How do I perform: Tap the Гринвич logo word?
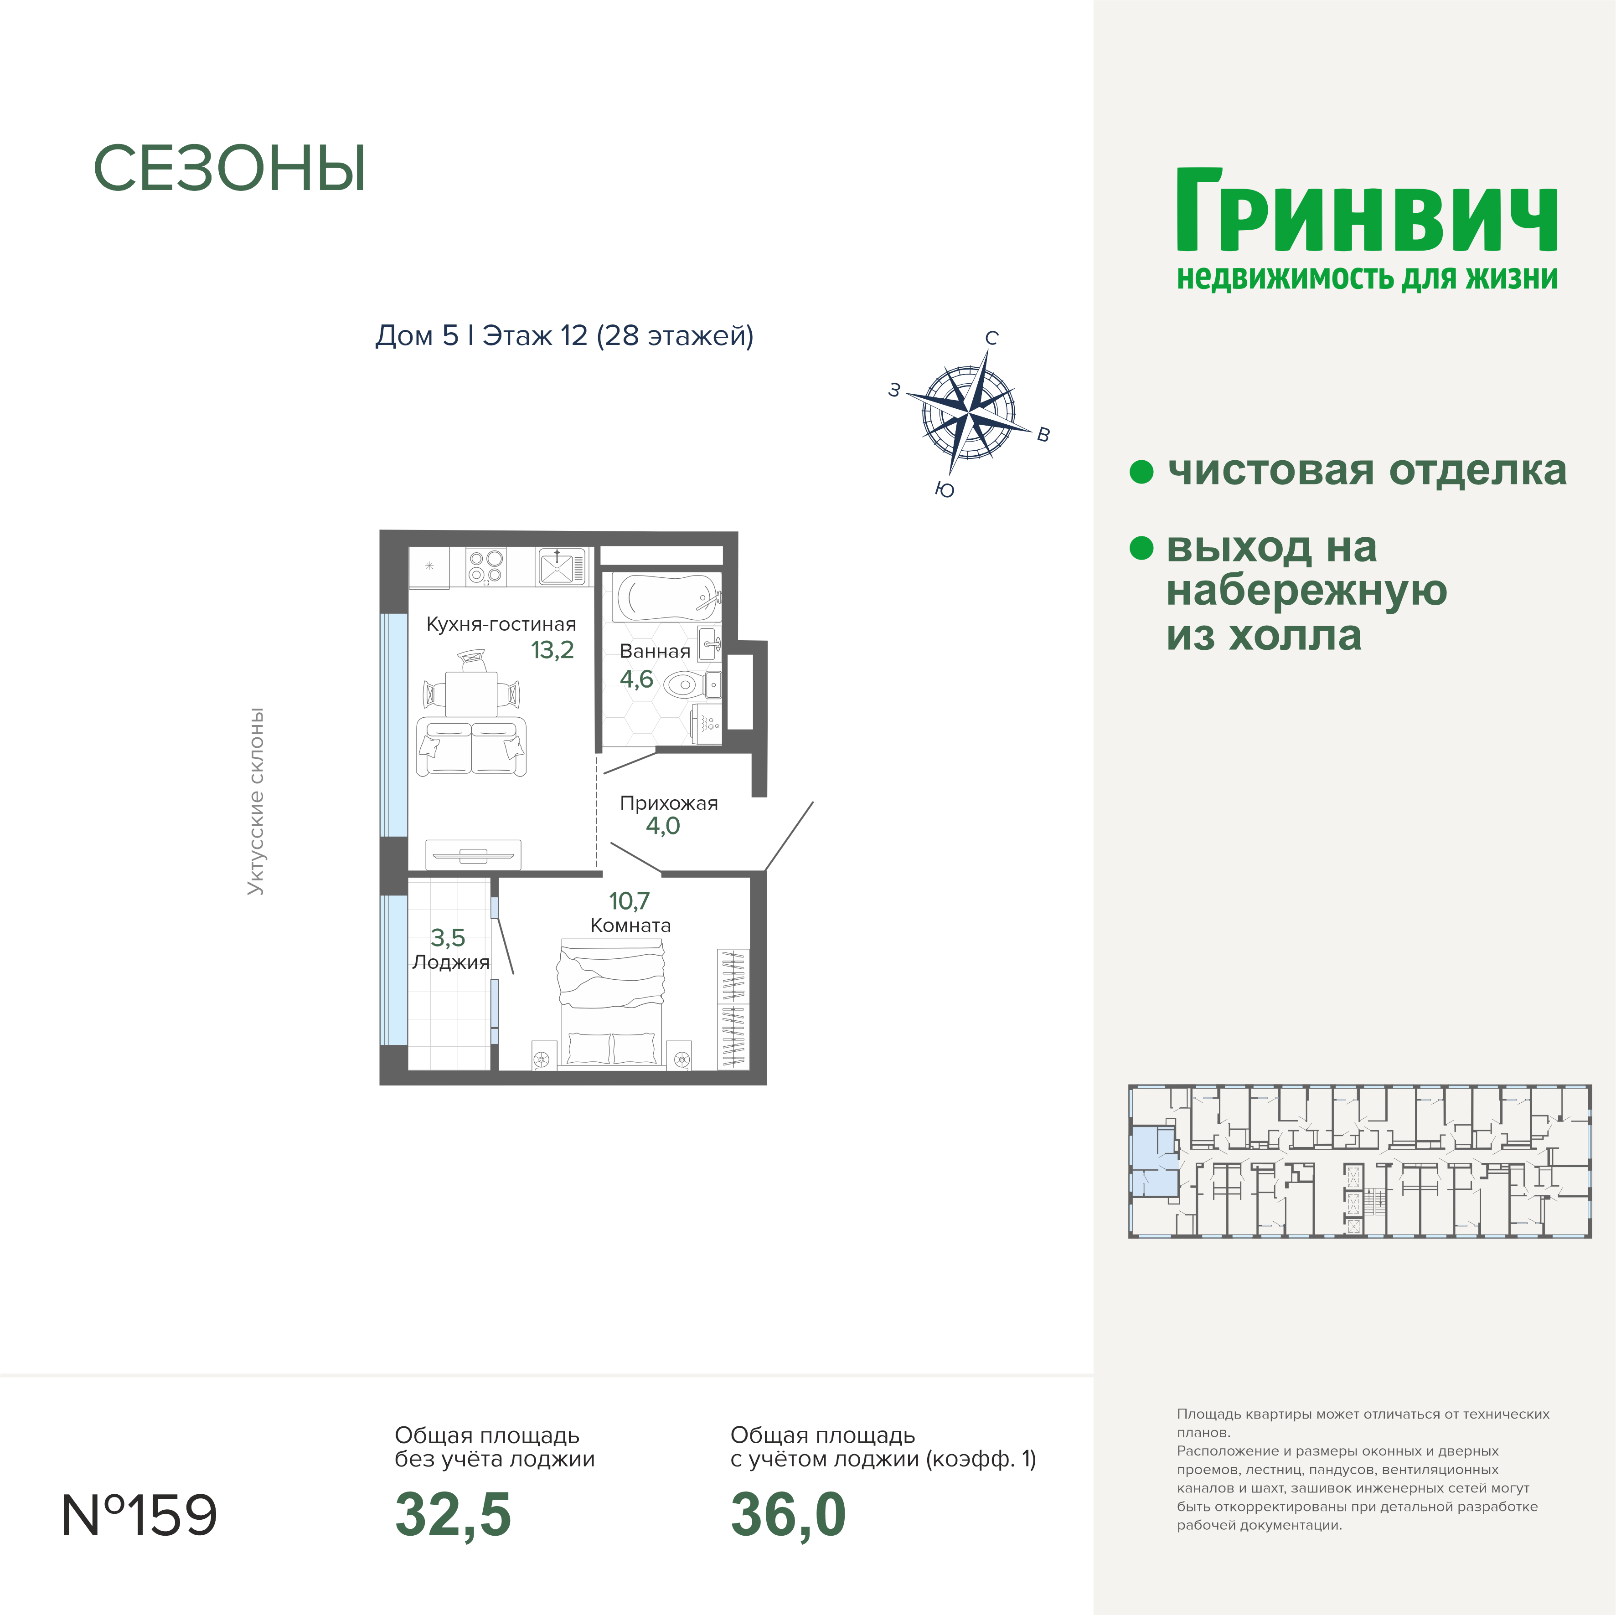[x=1367, y=210]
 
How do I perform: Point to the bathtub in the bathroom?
[x=666, y=597]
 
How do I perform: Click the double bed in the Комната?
[x=611, y=1003]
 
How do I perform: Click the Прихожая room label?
[x=668, y=803]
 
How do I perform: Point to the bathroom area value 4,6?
[x=636, y=679]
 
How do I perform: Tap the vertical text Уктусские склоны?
[x=256, y=801]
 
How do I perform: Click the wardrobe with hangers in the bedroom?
[x=733, y=1008]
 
